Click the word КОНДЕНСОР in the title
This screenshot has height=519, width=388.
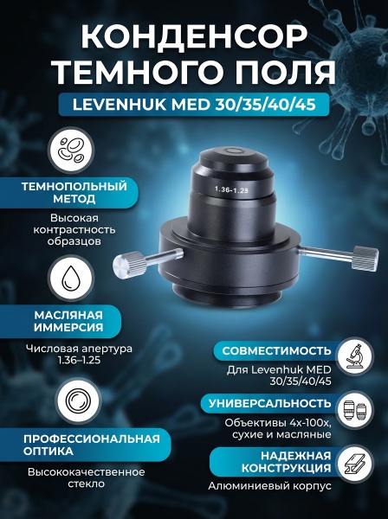[194, 36]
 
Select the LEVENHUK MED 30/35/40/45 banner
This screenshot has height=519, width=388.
[194, 105]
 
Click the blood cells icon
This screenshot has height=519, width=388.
[71, 151]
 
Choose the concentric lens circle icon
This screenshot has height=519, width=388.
[78, 400]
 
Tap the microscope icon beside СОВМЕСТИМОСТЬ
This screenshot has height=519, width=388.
[356, 356]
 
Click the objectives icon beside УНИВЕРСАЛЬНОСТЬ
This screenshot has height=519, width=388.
[356, 410]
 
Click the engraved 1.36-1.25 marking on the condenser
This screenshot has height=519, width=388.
[232, 189]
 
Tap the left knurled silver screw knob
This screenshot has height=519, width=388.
[129, 265]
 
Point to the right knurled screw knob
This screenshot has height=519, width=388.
[365, 258]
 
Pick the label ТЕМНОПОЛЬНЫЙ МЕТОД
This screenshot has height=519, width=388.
[74, 192]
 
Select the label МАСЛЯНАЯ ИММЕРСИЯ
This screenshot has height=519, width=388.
[68, 321]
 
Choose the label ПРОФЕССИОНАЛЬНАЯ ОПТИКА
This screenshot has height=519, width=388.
[92, 445]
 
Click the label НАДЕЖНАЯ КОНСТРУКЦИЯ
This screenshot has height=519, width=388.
[286, 462]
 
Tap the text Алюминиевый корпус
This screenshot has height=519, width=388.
[269, 486]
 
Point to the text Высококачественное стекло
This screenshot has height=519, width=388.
[87, 477]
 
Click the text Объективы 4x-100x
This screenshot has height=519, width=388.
[278, 423]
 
